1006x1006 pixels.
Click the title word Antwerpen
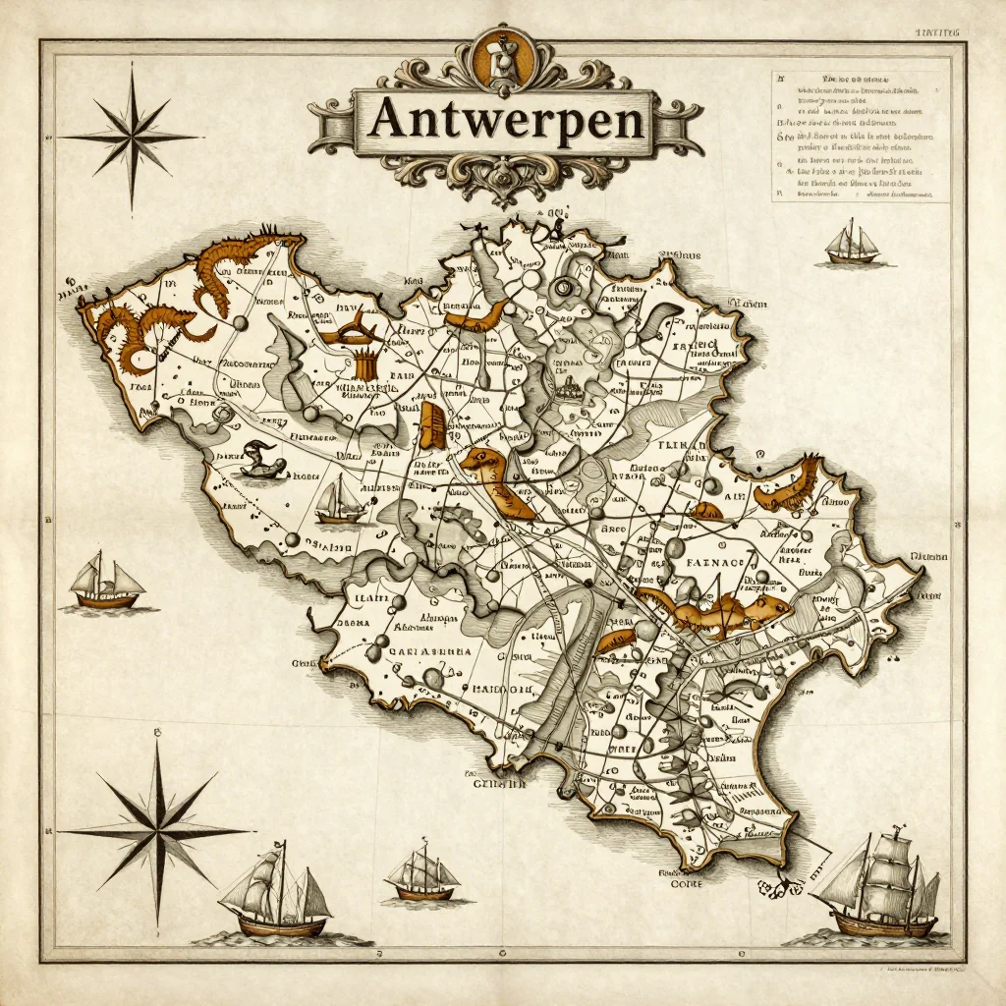[507, 122]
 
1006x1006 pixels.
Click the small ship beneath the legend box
[852, 244]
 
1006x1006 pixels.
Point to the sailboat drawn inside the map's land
[339, 500]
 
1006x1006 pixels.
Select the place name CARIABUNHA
[405, 650]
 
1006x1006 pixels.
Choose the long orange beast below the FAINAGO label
[712, 610]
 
